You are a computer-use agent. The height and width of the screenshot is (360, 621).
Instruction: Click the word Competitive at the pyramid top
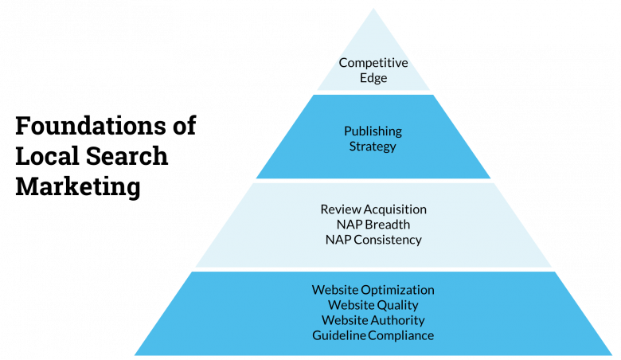click(373, 63)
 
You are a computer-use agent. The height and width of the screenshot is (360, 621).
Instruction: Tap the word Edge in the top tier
click(373, 78)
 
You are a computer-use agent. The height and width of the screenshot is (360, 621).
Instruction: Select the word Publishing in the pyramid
click(373, 131)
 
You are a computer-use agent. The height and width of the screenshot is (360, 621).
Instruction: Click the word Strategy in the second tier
click(373, 146)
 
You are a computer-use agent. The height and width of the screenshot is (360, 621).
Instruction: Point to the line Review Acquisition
click(373, 209)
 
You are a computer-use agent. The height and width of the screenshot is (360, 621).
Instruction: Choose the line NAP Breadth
click(373, 225)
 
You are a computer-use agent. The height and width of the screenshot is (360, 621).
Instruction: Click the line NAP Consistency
click(373, 239)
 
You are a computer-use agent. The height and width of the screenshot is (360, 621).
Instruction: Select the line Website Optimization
click(373, 290)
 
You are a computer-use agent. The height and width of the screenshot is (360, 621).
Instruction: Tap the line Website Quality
click(373, 305)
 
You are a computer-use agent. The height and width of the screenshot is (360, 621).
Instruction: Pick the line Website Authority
click(373, 320)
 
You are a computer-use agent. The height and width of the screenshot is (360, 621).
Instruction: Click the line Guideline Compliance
click(373, 335)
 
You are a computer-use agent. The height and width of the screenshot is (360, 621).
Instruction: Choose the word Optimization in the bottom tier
click(398, 290)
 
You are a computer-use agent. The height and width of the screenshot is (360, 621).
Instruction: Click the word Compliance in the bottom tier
click(399, 335)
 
